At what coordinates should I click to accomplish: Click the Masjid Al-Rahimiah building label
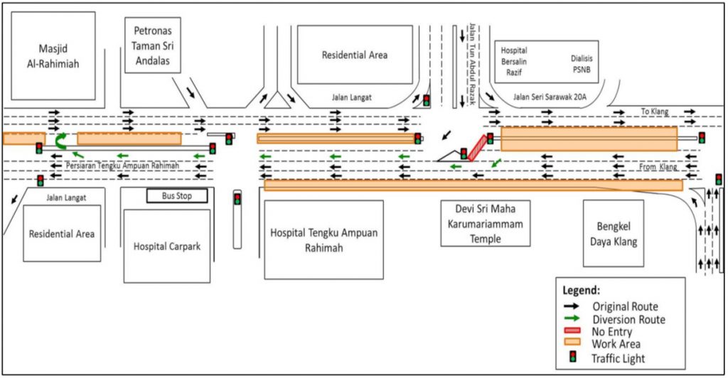53,56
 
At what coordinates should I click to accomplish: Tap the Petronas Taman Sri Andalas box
153,45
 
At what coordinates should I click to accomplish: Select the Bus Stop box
177,195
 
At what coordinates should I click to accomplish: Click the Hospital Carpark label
167,247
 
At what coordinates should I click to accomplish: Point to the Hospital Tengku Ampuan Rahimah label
323,240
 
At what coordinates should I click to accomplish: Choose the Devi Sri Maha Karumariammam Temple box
485,224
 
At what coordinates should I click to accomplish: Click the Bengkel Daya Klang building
614,234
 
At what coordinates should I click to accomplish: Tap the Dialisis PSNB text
582,64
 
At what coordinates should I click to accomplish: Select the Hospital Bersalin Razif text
514,61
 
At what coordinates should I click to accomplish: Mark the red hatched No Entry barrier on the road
478,148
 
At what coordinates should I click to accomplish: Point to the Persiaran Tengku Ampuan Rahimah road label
122,166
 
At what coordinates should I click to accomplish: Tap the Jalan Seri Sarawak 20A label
550,97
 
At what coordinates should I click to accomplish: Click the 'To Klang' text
655,112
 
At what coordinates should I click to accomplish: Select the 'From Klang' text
658,166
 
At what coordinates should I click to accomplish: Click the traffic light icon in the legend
574,357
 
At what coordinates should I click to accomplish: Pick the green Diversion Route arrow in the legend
572,318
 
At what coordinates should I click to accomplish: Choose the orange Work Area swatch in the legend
572,342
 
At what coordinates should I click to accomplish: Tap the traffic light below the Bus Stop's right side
237,200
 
